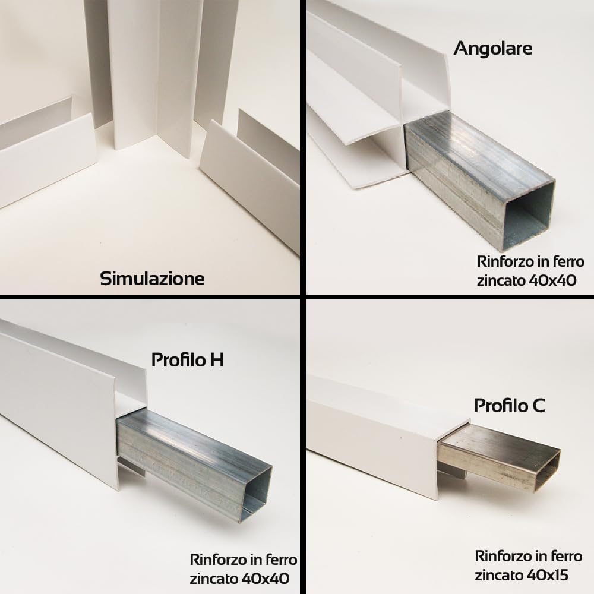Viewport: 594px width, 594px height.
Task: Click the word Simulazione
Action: (x=152, y=278)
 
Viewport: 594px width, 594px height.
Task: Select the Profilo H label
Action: (x=187, y=359)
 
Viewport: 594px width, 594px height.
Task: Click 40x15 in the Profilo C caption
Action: (x=548, y=574)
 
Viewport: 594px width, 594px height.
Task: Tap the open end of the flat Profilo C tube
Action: (x=547, y=470)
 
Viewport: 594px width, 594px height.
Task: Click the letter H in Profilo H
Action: (x=217, y=359)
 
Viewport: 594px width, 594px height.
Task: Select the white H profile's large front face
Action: (x=59, y=404)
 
